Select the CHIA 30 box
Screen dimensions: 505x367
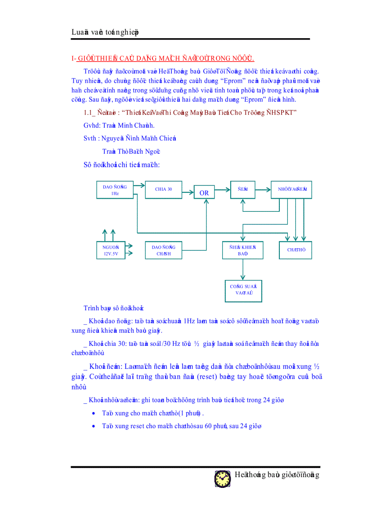point(164,189)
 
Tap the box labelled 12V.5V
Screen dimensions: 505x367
point(108,250)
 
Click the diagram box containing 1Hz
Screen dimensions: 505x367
point(115,190)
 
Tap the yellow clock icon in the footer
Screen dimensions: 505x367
point(222,478)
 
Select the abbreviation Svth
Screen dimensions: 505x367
point(90,139)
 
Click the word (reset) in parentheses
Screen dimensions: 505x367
point(206,376)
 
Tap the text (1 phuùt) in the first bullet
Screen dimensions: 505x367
point(192,413)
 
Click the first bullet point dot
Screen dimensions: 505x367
point(93,413)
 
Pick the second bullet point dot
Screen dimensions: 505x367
point(93,426)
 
